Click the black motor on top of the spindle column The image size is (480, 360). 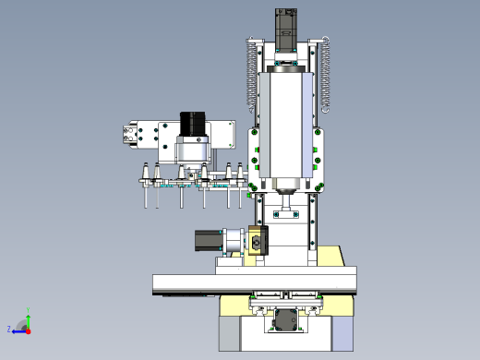click(286, 30)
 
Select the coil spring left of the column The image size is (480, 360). click(252, 76)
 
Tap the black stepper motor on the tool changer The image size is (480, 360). click(193, 124)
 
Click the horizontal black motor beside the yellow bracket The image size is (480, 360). click(208, 240)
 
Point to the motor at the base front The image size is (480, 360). click(286, 320)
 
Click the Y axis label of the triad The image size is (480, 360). click(28, 309)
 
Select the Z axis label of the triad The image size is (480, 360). click(9, 330)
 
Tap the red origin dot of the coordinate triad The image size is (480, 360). click(29, 331)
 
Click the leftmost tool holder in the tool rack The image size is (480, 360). click(145, 186)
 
